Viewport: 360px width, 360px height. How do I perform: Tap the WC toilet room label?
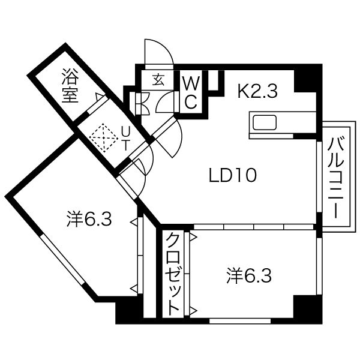191,92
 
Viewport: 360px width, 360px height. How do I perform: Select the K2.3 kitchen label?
257,91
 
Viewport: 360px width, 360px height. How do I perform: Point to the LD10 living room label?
233,175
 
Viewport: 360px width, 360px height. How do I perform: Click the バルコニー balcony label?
336,178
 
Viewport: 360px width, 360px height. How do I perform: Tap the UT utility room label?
125,139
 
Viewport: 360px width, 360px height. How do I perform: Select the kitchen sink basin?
265,123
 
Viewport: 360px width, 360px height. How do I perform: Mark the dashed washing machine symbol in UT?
104,138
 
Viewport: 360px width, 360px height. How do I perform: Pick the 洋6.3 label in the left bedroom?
89,219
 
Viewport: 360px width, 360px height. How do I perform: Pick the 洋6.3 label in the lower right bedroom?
249,276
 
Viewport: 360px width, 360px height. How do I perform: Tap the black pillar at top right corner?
308,78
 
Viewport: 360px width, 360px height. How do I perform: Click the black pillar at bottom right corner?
308,310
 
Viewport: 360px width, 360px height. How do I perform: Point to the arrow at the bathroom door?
99,97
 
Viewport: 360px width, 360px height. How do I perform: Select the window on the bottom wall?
240,321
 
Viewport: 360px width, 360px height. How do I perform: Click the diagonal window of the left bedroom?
62,259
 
